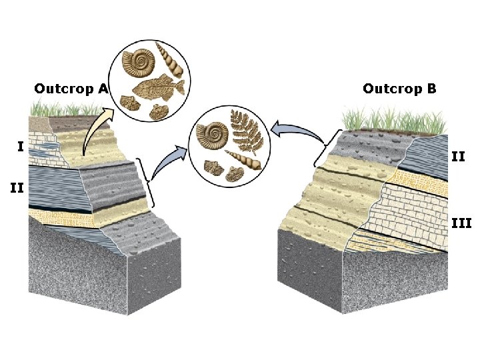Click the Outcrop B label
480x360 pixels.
(x=399, y=89)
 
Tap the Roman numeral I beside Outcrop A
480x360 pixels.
(x=21, y=146)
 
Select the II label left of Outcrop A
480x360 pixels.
(x=17, y=189)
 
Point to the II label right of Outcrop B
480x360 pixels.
(x=458, y=157)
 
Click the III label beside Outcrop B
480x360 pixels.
(x=461, y=223)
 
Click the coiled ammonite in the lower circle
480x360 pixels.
(x=213, y=135)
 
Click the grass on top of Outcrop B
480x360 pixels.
(x=393, y=121)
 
